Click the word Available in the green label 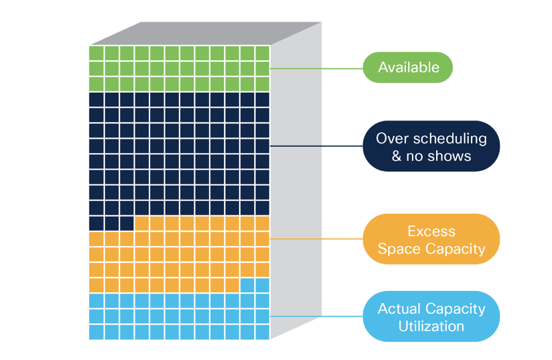pos(408,67)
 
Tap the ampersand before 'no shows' pos(397,156)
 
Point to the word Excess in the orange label pos(431,231)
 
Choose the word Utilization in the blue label pos(431,326)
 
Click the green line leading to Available pos(315,68)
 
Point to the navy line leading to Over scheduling pos(315,146)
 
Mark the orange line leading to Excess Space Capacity pos(315,239)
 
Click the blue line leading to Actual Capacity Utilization pos(315,316)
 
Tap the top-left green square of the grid pos(96,53)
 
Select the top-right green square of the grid pos(263,53)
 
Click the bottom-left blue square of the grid pos(96,332)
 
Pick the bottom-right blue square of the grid pos(263,332)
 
